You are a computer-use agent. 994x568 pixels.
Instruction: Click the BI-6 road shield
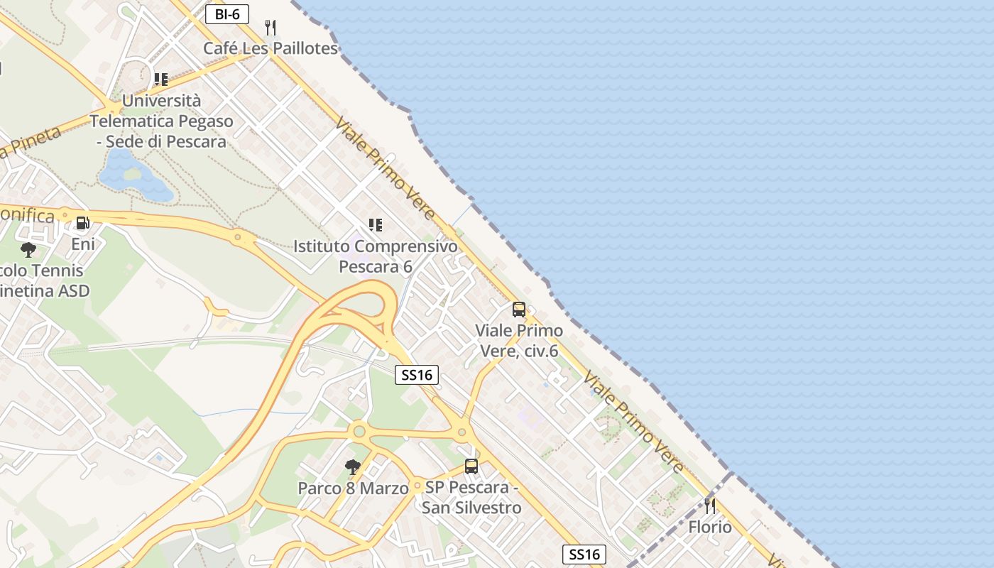(227, 14)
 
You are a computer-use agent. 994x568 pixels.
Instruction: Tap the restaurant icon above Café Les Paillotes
(270, 28)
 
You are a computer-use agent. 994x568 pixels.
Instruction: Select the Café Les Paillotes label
(271, 48)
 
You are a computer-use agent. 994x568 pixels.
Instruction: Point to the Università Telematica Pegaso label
(162, 121)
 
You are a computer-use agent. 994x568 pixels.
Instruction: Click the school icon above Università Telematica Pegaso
(161, 79)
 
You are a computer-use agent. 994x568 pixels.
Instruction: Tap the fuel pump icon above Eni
(83, 223)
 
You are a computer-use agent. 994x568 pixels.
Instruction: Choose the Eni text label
(83, 244)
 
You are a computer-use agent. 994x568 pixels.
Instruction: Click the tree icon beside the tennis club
(28, 249)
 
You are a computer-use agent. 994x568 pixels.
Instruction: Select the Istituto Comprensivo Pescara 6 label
(376, 256)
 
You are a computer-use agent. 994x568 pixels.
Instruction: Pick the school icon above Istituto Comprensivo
(376, 225)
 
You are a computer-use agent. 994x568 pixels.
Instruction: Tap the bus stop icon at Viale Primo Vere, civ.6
(519, 310)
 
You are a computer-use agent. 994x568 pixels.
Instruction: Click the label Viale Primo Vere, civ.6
(519, 340)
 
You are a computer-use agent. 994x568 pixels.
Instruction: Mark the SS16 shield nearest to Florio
(584, 555)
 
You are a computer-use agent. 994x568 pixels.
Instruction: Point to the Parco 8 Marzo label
(353, 488)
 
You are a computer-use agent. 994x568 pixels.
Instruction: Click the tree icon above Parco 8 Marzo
(352, 466)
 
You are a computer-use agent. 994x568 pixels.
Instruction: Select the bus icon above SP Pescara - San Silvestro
(471, 466)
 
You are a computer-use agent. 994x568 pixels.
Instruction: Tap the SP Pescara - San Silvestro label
(471, 498)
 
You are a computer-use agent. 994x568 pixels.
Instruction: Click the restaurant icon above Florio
(709, 506)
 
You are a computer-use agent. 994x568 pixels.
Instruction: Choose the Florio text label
(709, 527)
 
